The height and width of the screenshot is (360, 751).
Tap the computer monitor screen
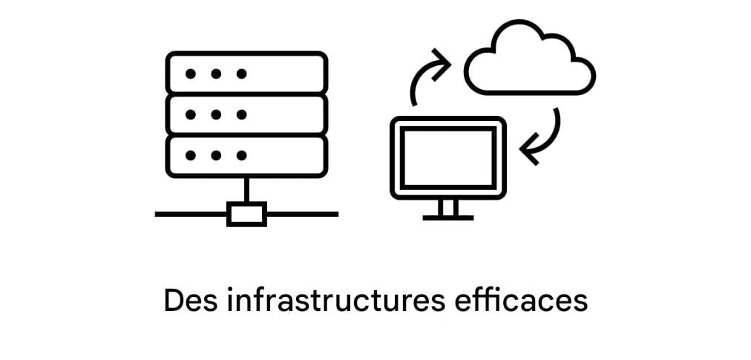448,157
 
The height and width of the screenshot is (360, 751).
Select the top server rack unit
246,73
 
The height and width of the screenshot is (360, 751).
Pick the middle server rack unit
246,114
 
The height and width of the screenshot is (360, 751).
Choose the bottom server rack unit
246,156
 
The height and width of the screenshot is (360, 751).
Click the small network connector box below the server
246,214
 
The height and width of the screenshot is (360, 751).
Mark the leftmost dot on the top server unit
191,73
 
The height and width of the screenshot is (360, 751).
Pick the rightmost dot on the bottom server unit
241,156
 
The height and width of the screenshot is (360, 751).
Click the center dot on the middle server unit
216,115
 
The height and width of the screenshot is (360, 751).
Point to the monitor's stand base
447,217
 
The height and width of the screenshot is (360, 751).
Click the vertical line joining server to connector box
246,189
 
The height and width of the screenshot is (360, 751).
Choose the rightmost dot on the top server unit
241,73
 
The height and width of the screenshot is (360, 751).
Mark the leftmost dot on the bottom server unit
191,156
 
